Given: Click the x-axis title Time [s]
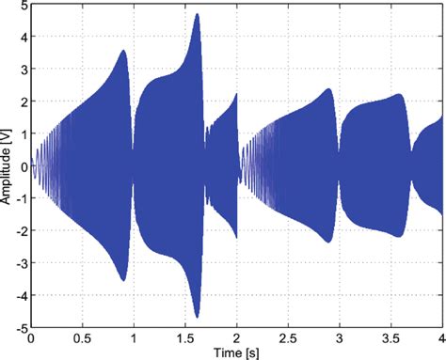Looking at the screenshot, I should tap(236, 352).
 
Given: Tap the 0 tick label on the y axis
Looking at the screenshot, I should tap(23, 167).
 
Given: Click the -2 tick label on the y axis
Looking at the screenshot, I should tap(20, 232).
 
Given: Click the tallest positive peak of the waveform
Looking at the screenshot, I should tap(198, 15).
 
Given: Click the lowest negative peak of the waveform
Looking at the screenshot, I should tap(198, 317).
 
